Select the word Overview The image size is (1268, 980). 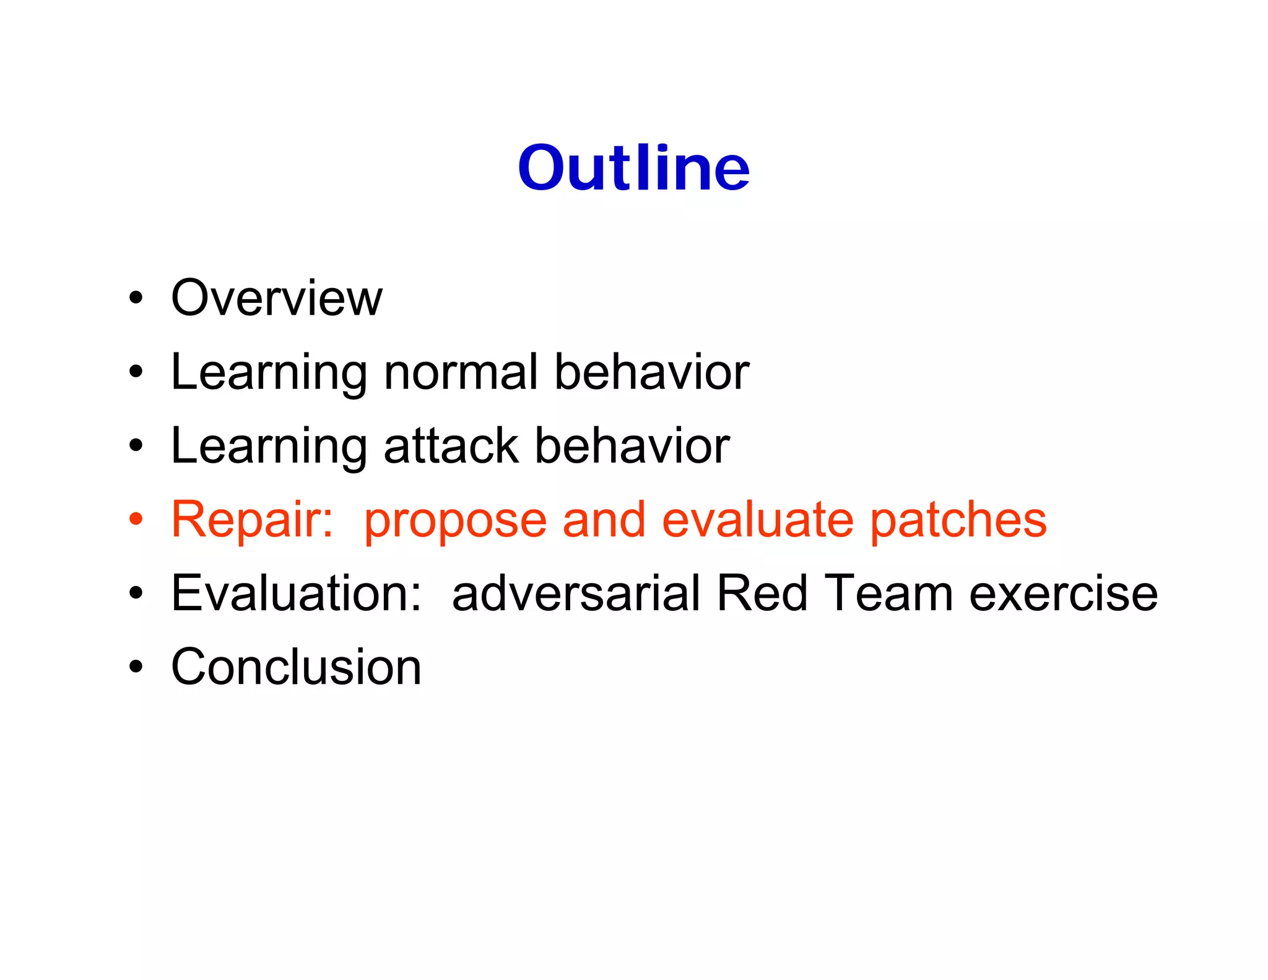tap(277, 298)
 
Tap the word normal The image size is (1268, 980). tap(461, 372)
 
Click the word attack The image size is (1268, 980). tap(451, 446)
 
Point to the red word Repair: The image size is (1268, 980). tap(253, 519)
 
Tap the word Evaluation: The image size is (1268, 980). tap(297, 593)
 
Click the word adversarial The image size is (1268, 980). tap(576, 593)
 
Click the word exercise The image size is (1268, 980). tap(1063, 593)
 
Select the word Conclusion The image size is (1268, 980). tap(296, 667)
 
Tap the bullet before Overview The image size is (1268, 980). tap(136, 298)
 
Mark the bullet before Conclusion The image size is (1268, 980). tap(136, 667)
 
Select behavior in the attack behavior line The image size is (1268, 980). tap(632, 446)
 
